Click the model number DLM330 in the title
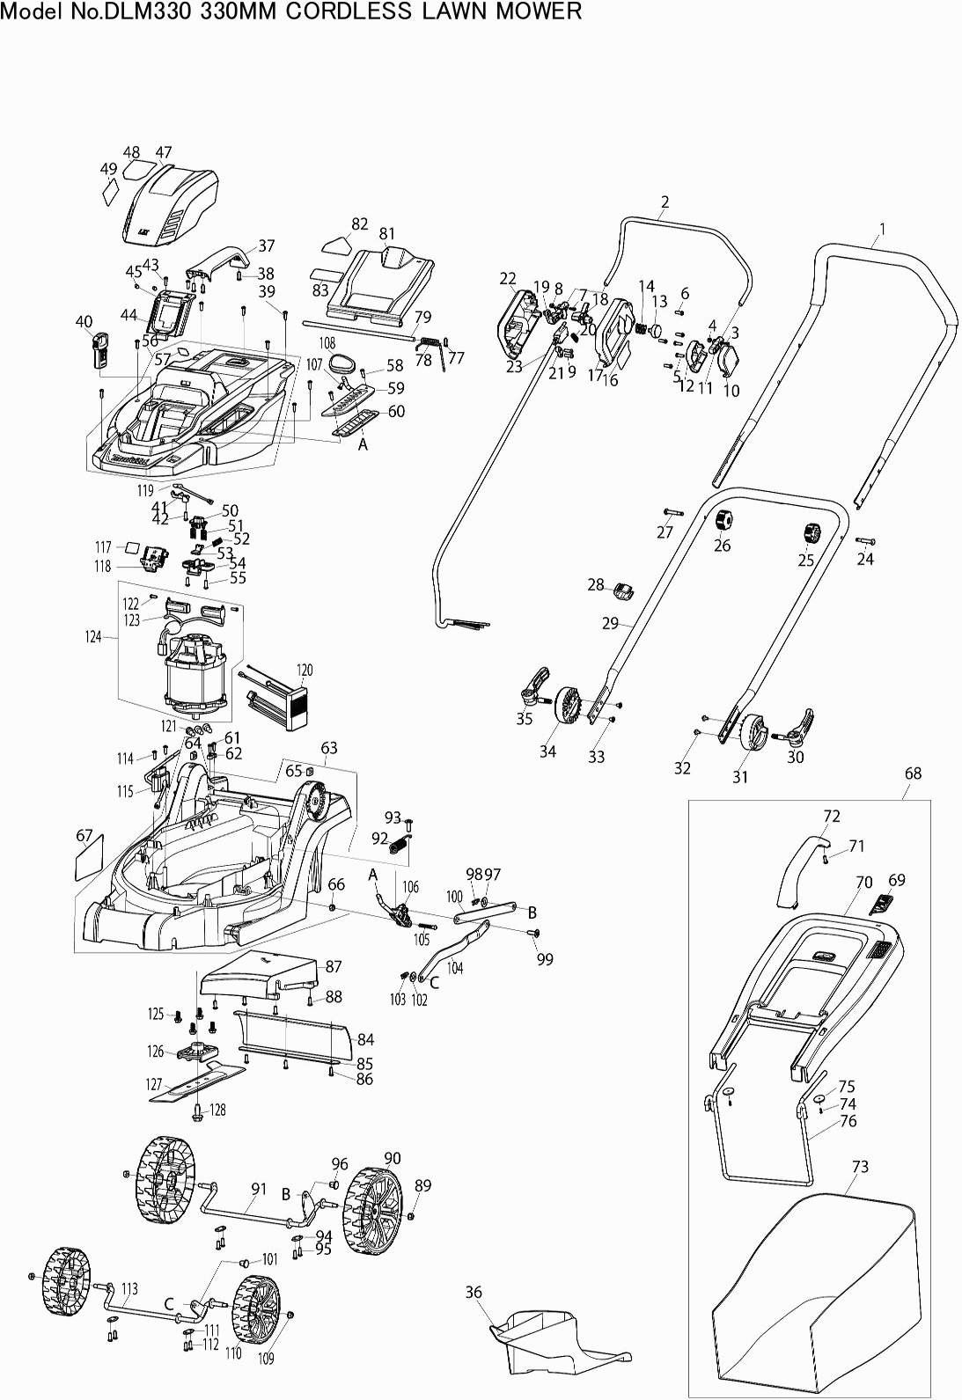pyautogui.click(x=145, y=11)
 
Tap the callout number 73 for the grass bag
pyautogui.click(x=860, y=1167)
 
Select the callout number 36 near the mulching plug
pyautogui.click(x=474, y=1293)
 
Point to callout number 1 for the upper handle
pyautogui.click(x=882, y=231)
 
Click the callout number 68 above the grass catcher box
pyautogui.click(x=913, y=773)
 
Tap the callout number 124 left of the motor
pyautogui.click(x=93, y=636)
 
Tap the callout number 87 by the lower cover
pyautogui.click(x=334, y=966)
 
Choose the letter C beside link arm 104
pyautogui.click(x=434, y=983)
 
